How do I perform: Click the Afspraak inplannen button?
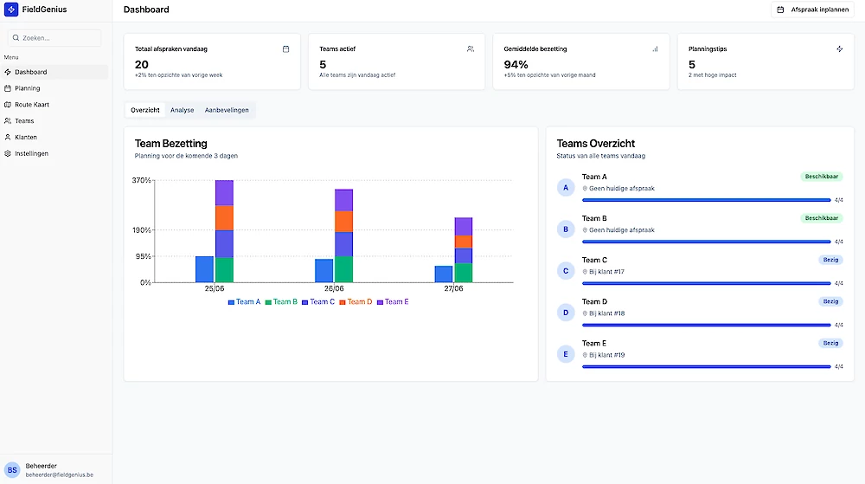pyautogui.click(x=812, y=10)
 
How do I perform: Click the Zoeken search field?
pyautogui.click(x=54, y=38)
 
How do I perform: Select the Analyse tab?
pyautogui.click(x=182, y=110)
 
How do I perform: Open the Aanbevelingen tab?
pyautogui.click(x=227, y=110)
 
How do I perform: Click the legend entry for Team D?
pyautogui.click(x=356, y=302)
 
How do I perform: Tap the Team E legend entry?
pyautogui.click(x=393, y=302)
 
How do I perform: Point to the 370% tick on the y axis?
pyautogui.click(x=141, y=180)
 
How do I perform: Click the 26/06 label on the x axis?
pyautogui.click(x=334, y=288)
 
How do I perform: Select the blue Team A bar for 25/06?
pyautogui.click(x=205, y=269)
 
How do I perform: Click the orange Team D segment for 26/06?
pyautogui.click(x=343, y=222)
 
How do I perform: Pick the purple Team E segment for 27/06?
pyautogui.click(x=464, y=226)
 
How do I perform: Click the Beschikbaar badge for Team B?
pyautogui.click(x=822, y=218)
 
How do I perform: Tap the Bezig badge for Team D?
pyautogui.click(x=830, y=301)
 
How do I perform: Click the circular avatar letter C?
pyautogui.click(x=566, y=271)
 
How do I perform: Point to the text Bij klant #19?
pyautogui.click(x=607, y=355)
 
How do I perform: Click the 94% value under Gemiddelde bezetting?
pyautogui.click(x=516, y=65)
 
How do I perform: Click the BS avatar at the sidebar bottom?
pyautogui.click(x=12, y=470)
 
